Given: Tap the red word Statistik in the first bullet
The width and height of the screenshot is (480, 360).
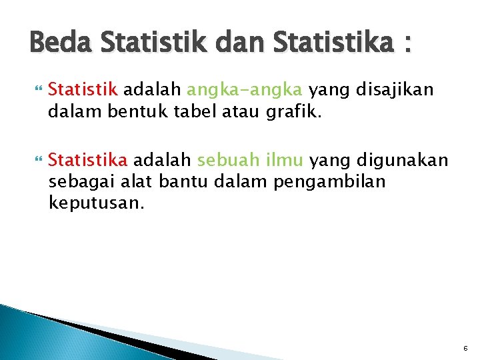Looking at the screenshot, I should tap(83, 89).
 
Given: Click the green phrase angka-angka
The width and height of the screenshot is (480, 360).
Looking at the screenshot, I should tap(245, 89).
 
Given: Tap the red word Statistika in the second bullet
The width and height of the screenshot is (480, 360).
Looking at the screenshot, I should tap(89, 160).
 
